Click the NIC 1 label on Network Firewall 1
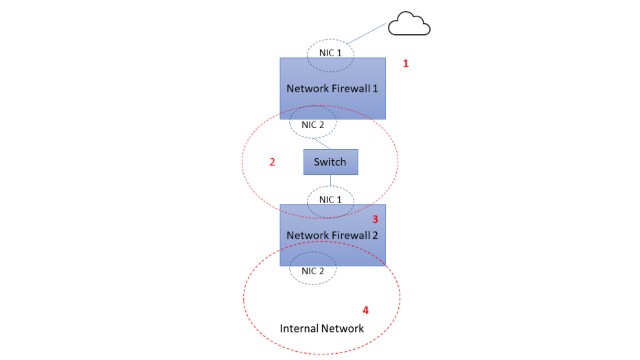point(330,53)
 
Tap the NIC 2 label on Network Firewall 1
point(312,125)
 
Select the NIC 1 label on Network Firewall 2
point(330,200)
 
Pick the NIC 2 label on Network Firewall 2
point(312,271)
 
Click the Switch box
point(330,162)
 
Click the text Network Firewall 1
point(332,89)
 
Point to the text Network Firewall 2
point(332,236)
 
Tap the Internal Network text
point(321,328)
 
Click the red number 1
point(406,64)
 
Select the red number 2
point(272,162)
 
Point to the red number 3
point(375,220)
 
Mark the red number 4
point(366,311)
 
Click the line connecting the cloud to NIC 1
point(366,34)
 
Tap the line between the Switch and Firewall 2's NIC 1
point(330,181)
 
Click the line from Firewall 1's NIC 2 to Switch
point(321,144)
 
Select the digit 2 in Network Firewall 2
point(375,236)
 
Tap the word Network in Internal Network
point(343,328)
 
